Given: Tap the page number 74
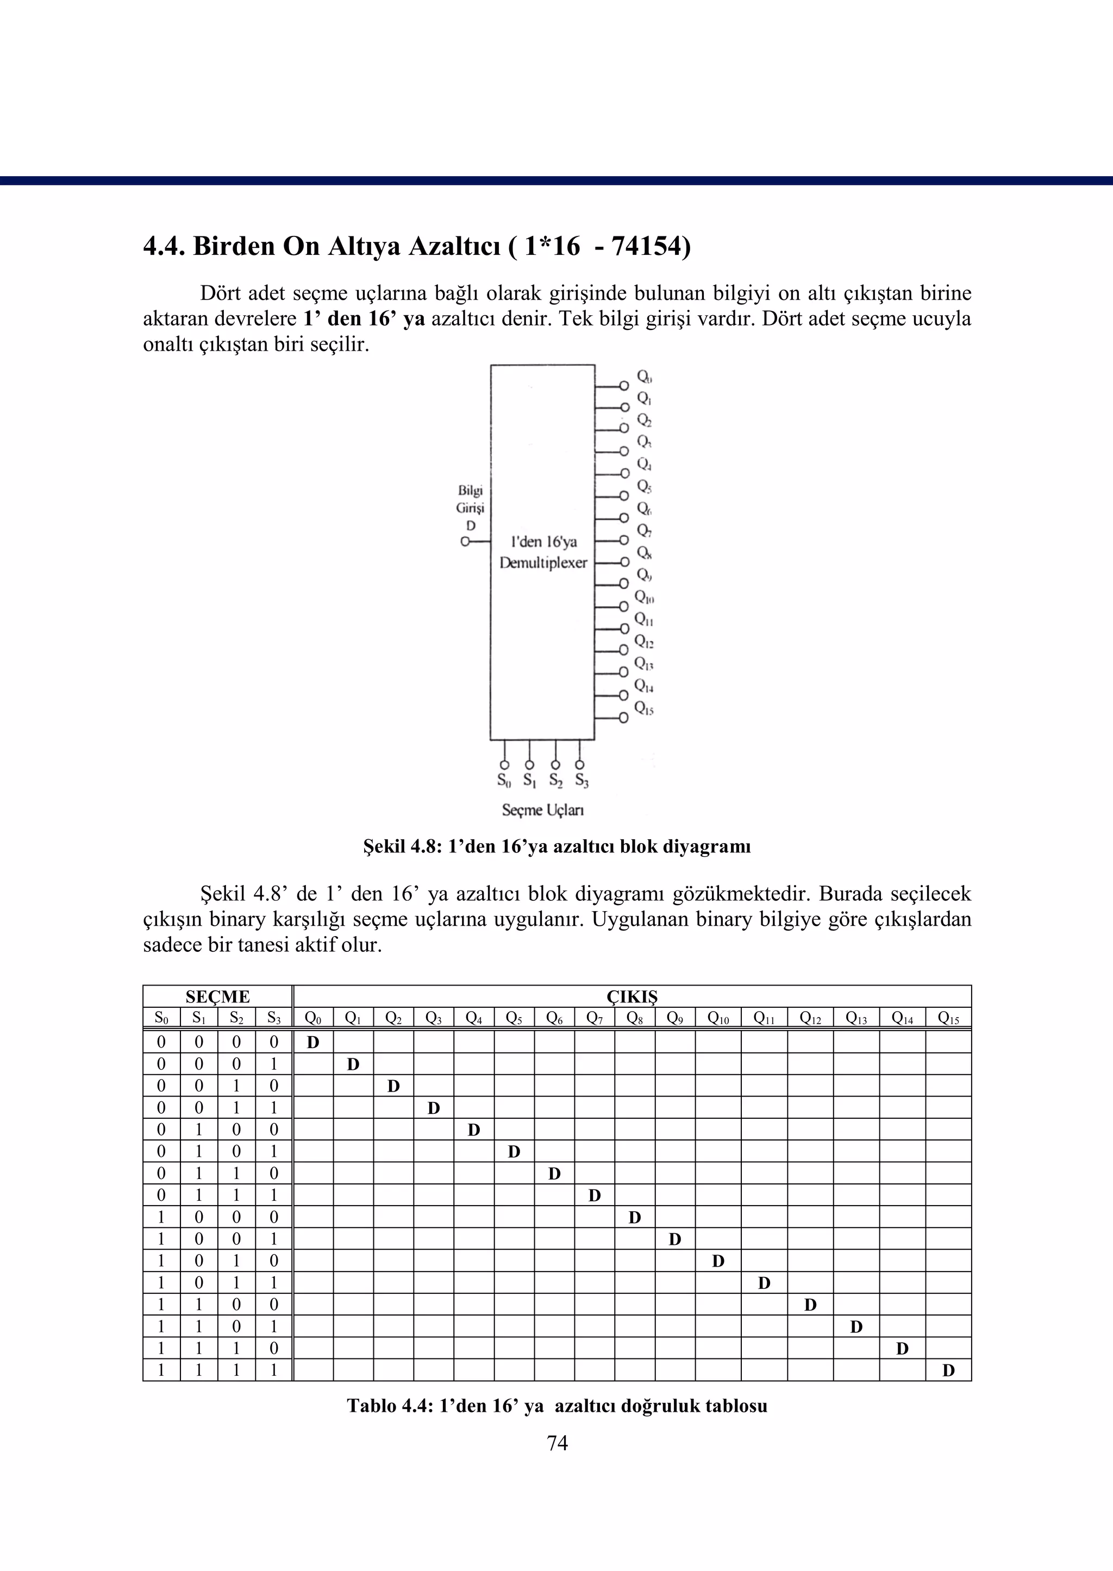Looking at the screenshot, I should (557, 1443).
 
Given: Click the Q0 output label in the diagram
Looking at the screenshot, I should (644, 376).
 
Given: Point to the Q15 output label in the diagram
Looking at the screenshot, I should (643, 707).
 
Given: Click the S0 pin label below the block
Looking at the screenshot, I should (504, 780).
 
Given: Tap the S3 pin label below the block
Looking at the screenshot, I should (581, 780).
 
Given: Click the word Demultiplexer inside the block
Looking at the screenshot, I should (543, 563).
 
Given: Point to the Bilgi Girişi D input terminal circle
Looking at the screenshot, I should (465, 541).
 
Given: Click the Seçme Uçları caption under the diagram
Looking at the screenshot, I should (542, 810).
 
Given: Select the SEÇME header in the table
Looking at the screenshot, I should (217, 996).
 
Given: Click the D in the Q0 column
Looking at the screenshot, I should (313, 1043).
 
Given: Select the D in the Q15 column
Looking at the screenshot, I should (948, 1371).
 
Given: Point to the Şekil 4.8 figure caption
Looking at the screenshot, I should (556, 846).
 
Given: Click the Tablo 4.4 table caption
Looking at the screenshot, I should (556, 1406).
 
